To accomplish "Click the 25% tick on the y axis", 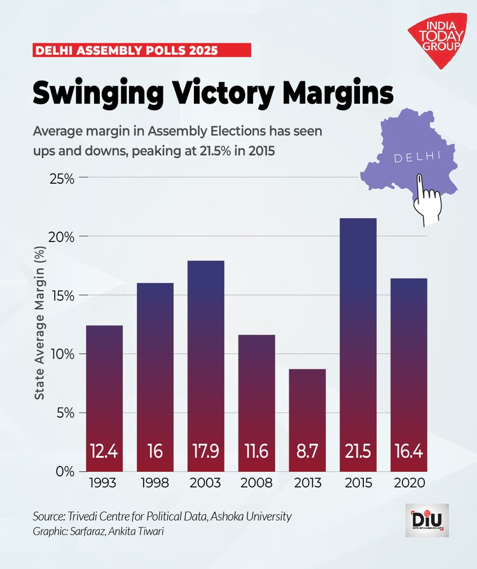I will click(63, 178).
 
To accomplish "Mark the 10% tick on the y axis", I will click(63, 354).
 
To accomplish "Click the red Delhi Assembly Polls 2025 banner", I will click(141, 50).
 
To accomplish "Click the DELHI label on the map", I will click(416, 157).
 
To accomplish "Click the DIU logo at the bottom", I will click(426, 520).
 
